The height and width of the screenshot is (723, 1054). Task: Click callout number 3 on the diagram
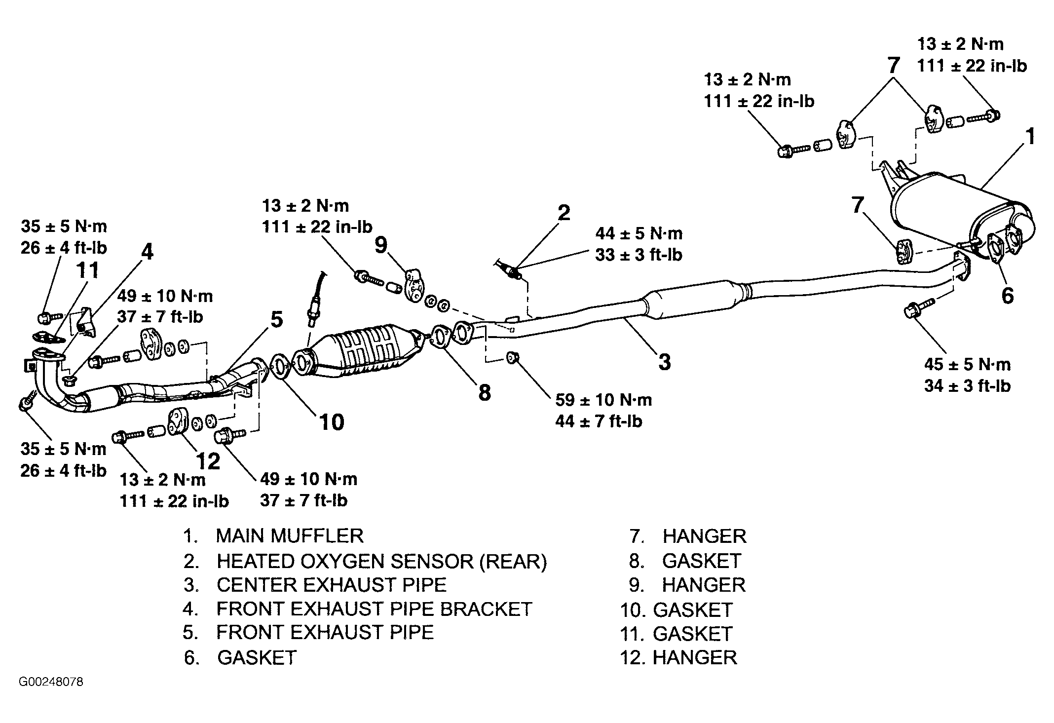point(665,362)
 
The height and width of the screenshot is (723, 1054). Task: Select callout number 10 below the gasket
point(331,422)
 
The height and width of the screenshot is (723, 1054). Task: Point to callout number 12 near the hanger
point(208,461)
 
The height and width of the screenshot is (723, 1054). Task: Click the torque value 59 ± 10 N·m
point(603,399)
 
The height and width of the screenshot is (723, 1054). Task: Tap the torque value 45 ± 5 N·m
point(967,364)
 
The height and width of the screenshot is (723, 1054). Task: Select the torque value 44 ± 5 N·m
point(639,233)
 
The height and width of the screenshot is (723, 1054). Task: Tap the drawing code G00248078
point(51,682)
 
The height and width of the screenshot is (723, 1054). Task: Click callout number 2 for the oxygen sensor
point(564,213)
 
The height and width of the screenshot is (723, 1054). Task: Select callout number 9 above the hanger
point(381,244)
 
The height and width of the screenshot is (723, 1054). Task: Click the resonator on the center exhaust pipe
point(693,300)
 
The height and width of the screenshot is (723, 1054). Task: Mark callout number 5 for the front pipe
point(276,320)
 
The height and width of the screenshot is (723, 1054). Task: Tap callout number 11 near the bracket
point(88,270)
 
